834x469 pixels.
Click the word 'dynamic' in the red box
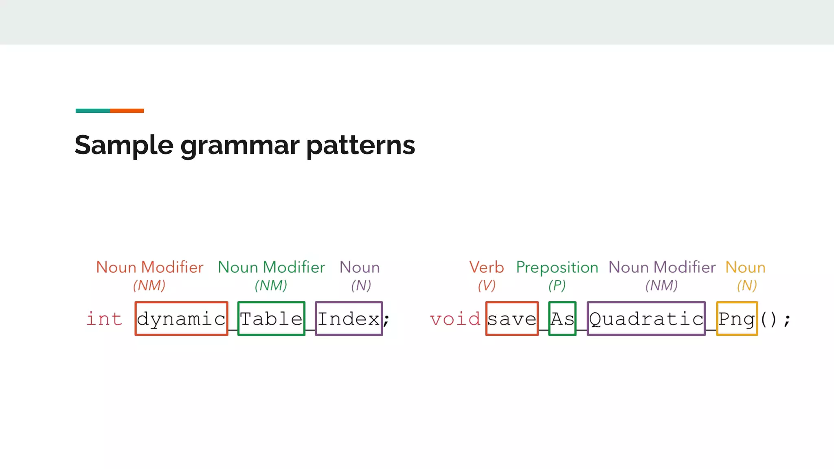(x=181, y=319)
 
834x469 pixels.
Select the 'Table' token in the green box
(x=271, y=319)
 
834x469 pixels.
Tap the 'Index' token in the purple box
(x=349, y=319)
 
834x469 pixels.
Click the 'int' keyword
(x=104, y=319)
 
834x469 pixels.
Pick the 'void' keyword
(x=455, y=319)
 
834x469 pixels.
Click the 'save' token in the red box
(x=512, y=319)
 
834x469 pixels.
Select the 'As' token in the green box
(x=562, y=319)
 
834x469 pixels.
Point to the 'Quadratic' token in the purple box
(x=646, y=319)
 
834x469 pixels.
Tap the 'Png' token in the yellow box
(x=737, y=319)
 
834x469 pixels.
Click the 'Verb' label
(x=487, y=267)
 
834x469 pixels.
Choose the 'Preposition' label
(x=557, y=267)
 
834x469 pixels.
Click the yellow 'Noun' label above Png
(x=746, y=267)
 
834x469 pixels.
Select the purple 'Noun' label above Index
(x=360, y=267)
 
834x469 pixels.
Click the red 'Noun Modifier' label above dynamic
(x=149, y=267)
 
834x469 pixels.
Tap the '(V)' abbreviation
(x=487, y=285)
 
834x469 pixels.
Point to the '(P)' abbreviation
(x=557, y=285)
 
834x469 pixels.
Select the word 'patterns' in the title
(x=360, y=145)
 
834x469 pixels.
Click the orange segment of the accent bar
(x=127, y=111)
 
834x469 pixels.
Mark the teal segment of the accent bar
(x=92, y=111)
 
